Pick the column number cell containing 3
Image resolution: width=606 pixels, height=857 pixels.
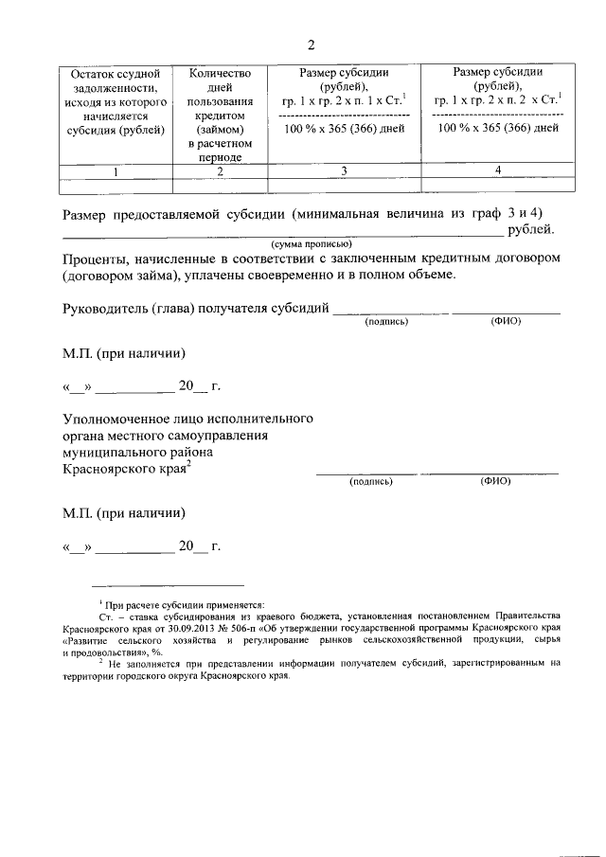coord(344,171)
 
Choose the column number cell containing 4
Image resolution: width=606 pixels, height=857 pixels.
coord(497,170)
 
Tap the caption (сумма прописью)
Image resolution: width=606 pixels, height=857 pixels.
coord(311,243)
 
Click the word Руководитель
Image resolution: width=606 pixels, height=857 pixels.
coord(107,308)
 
